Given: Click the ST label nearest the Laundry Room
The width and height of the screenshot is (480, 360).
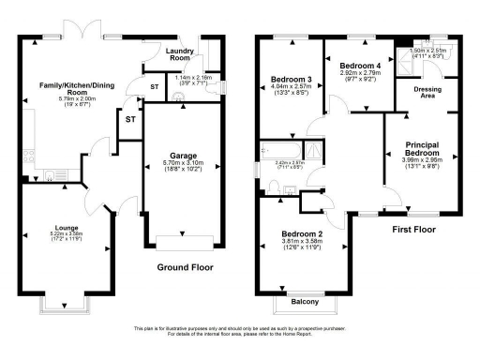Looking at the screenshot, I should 154,88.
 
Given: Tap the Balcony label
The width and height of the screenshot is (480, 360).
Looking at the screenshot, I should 304,301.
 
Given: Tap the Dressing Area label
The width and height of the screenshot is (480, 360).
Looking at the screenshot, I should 427,92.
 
